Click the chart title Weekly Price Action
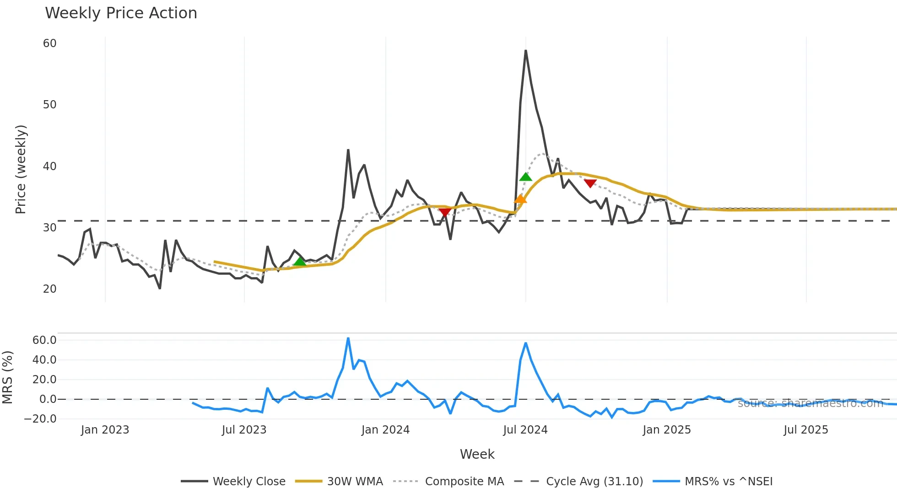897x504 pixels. [x=121, y=13]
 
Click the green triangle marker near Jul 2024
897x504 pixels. [x=526, y=177]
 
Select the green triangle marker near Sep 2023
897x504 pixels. [x=300, y=262]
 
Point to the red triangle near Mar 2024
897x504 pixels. [x=445, y=212]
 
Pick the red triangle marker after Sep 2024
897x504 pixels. [x=590, y=183]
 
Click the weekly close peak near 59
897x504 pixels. [x=526, y=51]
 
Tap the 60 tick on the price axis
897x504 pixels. [x=49, y=43]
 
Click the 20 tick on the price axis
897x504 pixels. [x=49, y=289]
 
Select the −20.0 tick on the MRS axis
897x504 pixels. [x=40, y=419]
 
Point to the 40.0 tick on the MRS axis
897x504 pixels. [x=44, y=360]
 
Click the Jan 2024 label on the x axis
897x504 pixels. [x=385, y=430]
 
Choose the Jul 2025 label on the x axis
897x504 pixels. [x=805, y=430]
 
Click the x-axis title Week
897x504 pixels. [x=477, y=454]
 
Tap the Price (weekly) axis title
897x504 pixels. [x=21, y=169]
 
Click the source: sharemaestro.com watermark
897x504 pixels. [x=810, y=403]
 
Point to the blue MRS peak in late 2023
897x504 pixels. [x=348, y=338]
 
